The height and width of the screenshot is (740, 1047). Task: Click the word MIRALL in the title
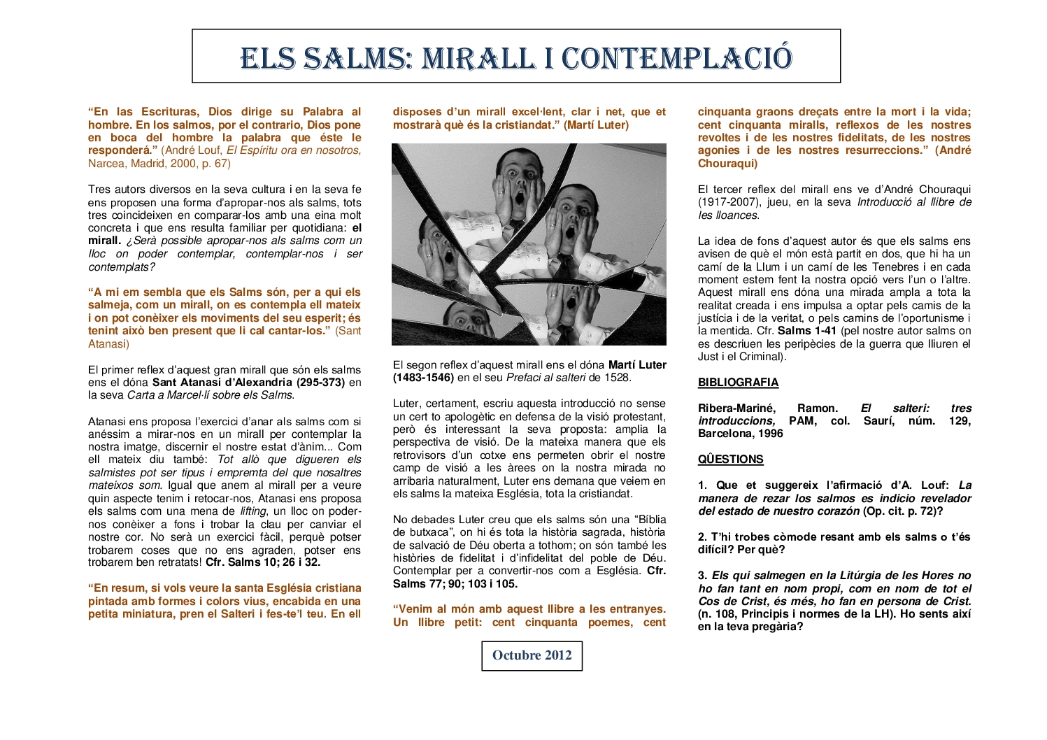[x=479, y=58]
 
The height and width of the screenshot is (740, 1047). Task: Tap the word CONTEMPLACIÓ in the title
[x=677, y=58]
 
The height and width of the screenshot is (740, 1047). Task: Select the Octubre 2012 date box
[x=532, y=655]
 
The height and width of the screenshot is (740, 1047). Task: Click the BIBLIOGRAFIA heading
[x=738, y=383]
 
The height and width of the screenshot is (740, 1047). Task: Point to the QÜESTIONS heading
[x=730, y=460]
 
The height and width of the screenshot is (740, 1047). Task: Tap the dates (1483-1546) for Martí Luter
[x=423, y=378]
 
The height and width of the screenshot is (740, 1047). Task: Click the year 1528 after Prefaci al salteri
[x=618, y=378]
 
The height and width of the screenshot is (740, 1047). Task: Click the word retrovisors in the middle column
[x=419, y=455]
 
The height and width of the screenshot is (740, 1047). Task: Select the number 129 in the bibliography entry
[x=959, y=421]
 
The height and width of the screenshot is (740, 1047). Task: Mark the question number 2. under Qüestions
[x=702, y=537]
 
